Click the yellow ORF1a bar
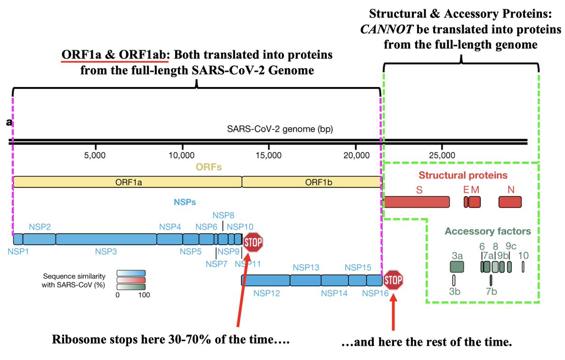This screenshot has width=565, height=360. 127,182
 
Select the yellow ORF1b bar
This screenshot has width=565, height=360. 311,182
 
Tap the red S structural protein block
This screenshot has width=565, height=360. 417,202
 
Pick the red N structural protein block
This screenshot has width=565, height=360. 510,202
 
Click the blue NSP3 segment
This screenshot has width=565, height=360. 106,239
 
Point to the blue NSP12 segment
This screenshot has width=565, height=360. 266,280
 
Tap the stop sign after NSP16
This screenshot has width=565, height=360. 393,280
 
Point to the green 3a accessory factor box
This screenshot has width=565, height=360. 457,267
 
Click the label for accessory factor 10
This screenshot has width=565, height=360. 523,256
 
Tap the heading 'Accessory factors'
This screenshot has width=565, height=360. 488,232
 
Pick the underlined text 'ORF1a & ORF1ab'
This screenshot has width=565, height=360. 115,55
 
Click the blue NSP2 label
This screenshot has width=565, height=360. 40,227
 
